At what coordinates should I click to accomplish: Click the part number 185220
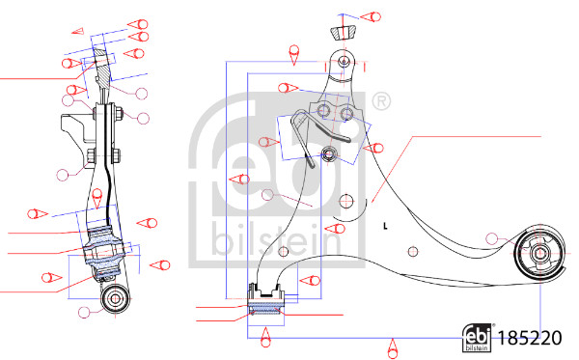tap(531, 339)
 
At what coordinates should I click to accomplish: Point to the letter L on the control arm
tap(384, 227)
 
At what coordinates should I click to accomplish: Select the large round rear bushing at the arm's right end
tap(538, 256)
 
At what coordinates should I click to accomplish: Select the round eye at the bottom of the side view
tap(116, 296)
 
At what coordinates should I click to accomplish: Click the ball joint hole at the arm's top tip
tap(345, 62)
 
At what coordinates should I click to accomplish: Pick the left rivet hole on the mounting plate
tap(325, 113)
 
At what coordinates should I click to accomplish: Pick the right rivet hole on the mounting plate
tap(348, 114)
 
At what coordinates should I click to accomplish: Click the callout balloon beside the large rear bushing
tap(494, 238)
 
